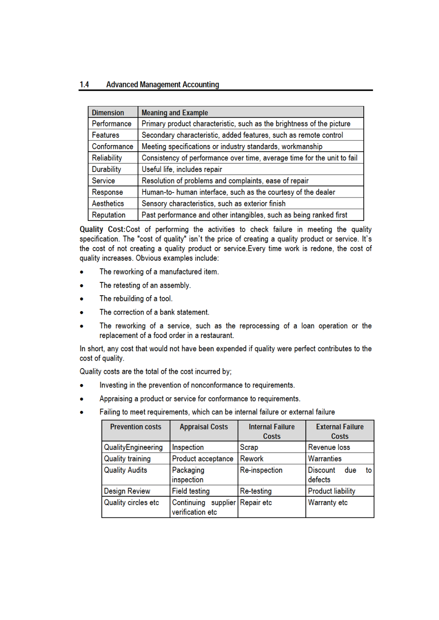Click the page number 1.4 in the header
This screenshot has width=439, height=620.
coord(84,84)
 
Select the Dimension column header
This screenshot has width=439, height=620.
coord(108,113)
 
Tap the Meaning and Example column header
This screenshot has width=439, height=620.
coord(174,113)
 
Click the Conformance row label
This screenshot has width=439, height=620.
coord(112,146)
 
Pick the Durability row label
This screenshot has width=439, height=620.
coord(106,169)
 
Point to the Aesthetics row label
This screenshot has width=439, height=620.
coord(108,203)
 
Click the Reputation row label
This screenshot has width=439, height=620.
coord(108,215)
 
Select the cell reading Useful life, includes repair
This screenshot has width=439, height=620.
coord(181,169)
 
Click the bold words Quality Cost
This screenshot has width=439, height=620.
coord(102,229)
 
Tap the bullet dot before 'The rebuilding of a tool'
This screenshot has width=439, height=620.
coord(82,299)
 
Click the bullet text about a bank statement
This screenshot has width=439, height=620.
coord(154,312)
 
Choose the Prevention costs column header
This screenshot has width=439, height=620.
coord(135,427)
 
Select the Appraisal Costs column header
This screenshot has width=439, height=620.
coord(204,427)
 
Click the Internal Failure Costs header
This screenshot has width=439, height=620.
coord(271,431)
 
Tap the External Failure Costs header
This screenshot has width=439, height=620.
coord(339,431)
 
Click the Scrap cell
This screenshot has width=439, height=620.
coord(249,447)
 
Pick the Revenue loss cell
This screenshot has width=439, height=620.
coord(329,447)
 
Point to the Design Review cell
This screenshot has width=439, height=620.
coord(127,491)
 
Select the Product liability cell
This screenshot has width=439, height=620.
coord(331,491)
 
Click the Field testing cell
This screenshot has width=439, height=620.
coord(191,491)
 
